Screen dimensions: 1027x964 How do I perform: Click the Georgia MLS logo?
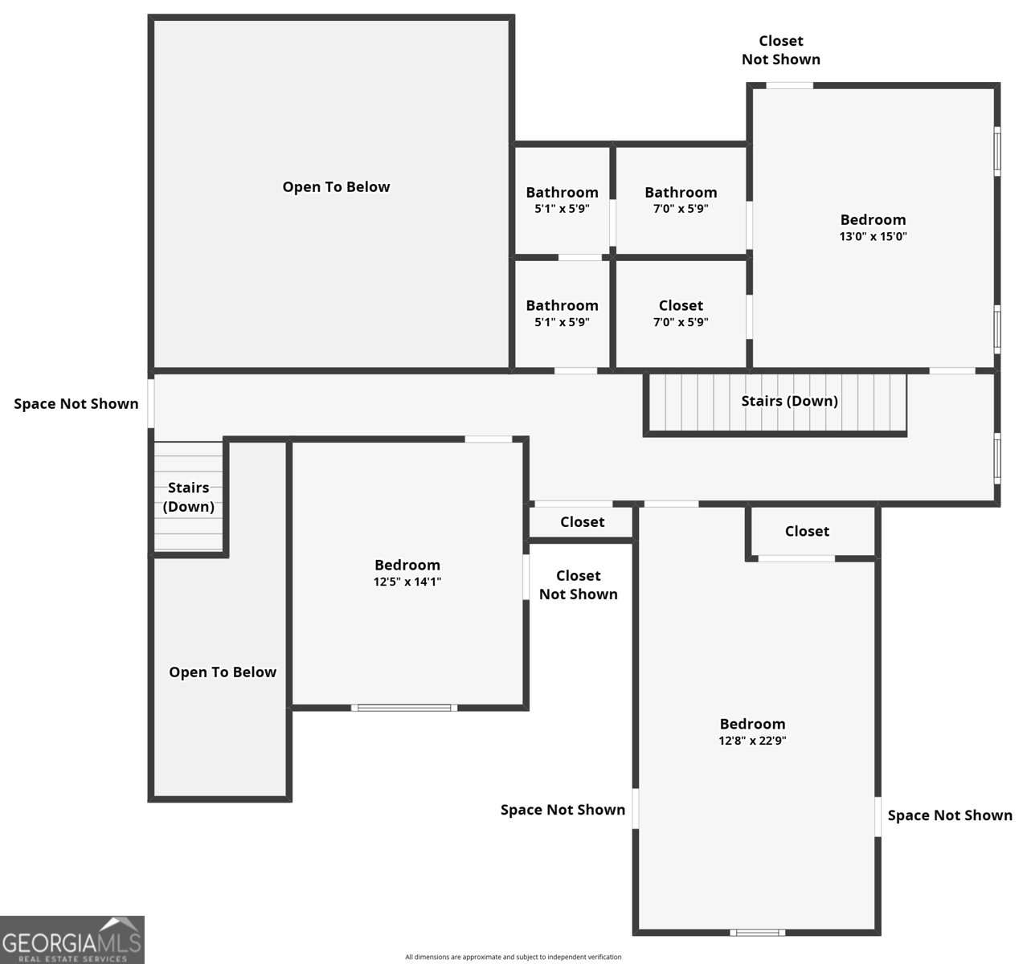[x=72, y=940]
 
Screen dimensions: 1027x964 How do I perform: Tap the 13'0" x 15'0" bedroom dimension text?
[x=873, y=236]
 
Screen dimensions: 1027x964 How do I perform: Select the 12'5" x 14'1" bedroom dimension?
[x=407, y=582]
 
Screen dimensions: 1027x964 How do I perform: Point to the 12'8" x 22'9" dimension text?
[x=752, y=740]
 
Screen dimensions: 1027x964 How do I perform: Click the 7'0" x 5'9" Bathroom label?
[x=681, y=199]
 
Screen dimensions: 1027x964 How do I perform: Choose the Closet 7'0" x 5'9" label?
[x=681, y=312]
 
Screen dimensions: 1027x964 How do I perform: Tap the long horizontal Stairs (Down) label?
[x=789, y=401]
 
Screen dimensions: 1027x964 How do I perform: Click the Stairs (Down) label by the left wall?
[x=188, y=496]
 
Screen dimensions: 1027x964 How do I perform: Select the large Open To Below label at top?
[x=336, y=186]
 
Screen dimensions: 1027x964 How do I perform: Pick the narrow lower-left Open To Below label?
[x=223, y=672]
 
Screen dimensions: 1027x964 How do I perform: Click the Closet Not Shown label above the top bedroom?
[x=781, y=50]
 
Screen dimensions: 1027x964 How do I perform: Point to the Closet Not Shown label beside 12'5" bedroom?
[x=578, y=585]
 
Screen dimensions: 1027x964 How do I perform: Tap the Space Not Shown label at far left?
[x=76, y=403]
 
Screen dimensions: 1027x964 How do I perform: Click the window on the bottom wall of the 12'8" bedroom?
[x=757, y=933]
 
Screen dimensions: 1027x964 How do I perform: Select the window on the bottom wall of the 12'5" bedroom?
[x=404, y=708]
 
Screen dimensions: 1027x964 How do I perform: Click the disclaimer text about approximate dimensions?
[x=513, y=957]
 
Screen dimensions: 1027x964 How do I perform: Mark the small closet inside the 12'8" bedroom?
[x=810, y=532]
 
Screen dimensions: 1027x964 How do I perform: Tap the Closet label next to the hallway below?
[x=583, y=522]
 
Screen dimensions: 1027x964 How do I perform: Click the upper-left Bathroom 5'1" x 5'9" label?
[x=562, y=199]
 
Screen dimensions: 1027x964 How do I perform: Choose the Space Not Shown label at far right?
[x=950, y=815]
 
